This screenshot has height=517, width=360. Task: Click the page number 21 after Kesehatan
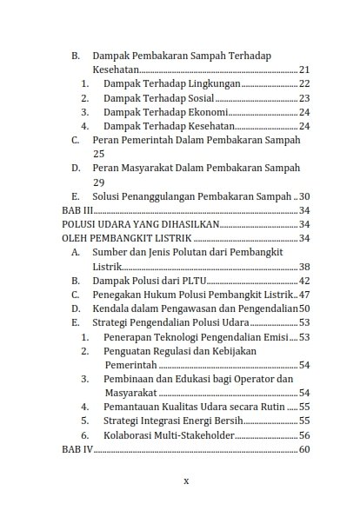click(304, 70)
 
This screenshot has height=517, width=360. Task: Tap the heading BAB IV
click(77, 449)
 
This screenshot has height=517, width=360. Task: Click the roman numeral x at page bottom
click(186, 480)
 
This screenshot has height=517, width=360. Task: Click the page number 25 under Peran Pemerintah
click(98, 153)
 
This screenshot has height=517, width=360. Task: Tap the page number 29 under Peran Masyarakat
click(98, 182)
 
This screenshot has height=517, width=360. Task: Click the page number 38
click(304, 267)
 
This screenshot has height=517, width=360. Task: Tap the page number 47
click(304, 295)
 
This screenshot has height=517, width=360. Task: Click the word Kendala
click(113, 308)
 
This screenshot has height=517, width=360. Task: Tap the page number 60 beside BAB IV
click(304, 449)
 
